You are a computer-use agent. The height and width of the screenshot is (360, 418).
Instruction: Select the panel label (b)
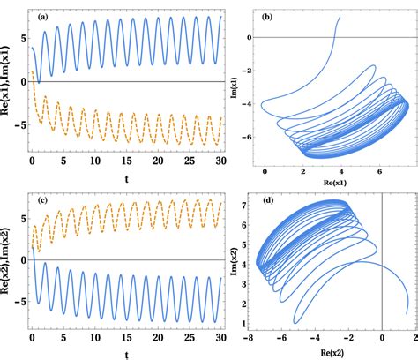click(x=265, y=16)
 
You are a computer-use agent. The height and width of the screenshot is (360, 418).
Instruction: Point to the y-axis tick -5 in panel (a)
click(x=19, y=123)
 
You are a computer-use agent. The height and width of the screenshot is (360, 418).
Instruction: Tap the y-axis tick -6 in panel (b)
click(x=248, y=137)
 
